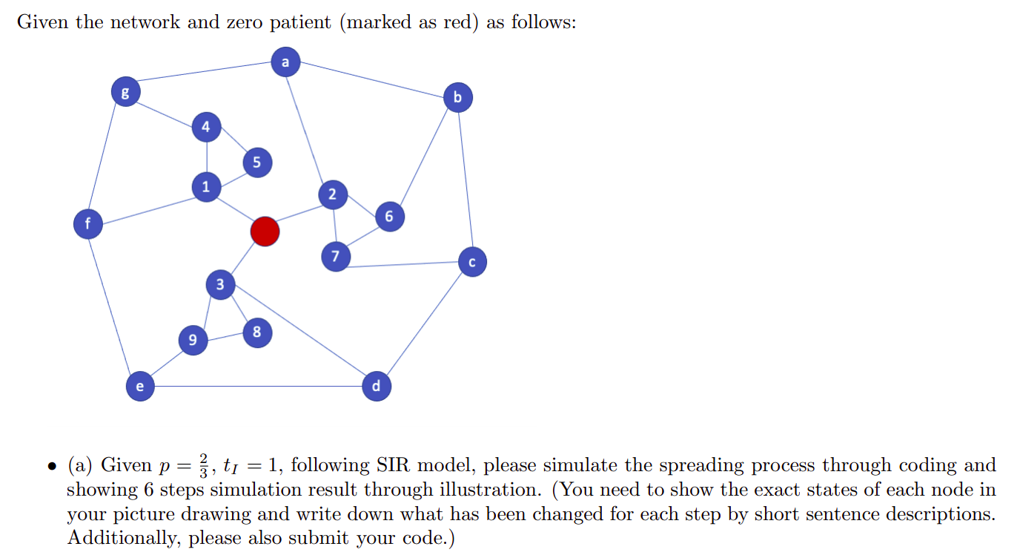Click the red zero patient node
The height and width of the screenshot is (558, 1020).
(265, 232)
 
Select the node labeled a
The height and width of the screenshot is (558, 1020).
(285, 62)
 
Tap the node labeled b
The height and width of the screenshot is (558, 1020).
(457, 98)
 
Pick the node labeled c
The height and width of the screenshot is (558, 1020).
(472, 262)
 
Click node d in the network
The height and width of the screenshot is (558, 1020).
(376, 386)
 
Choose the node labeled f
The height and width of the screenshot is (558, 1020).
(88, 223)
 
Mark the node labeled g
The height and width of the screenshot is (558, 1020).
(125, 93)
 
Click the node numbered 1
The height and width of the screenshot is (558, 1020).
(206, 186)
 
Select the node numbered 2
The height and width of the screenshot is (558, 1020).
(332, 194)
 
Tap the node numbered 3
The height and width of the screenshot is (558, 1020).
(219, 284)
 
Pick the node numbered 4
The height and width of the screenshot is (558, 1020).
(206, 127)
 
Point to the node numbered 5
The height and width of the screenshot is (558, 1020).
(256, 163)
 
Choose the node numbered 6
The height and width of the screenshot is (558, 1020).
(389, 216)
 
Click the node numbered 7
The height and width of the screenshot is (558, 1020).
(335, 257)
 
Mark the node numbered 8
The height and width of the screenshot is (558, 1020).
(256, 332)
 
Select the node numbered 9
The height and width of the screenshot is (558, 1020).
(192, 341)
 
